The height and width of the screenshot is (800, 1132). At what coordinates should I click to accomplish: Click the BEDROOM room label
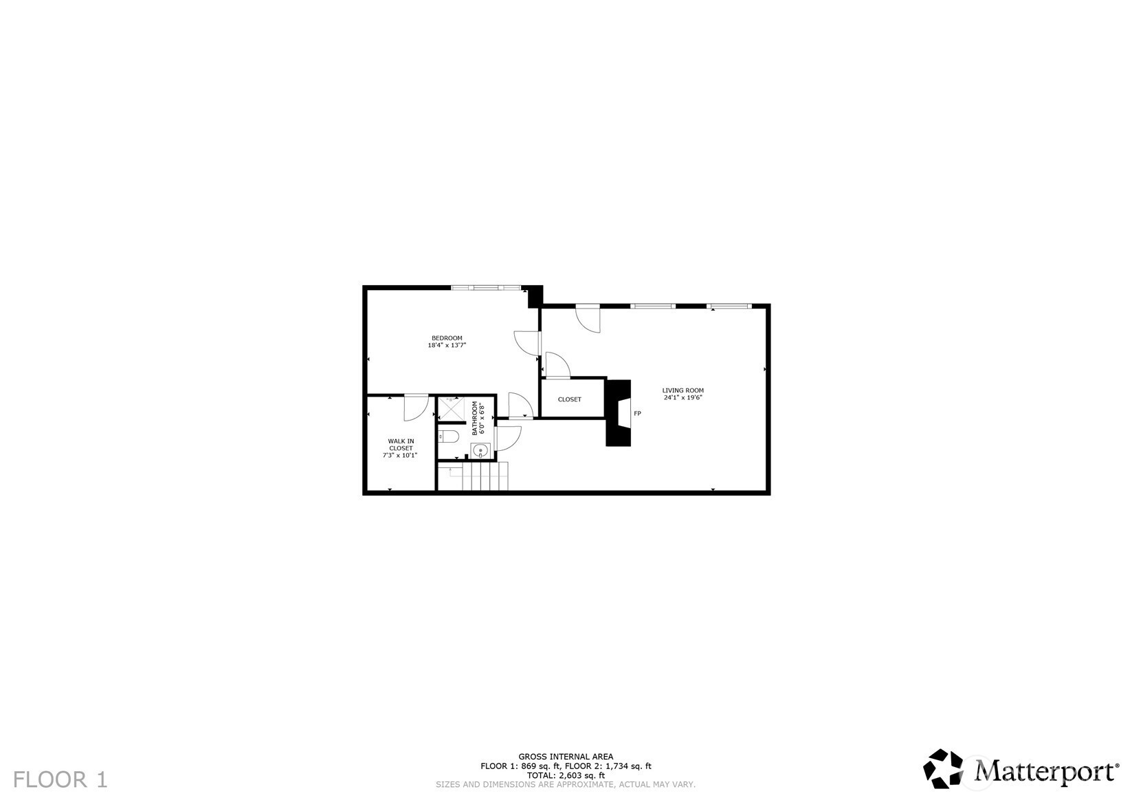447,338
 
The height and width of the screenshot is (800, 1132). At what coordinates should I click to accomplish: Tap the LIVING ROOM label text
682,390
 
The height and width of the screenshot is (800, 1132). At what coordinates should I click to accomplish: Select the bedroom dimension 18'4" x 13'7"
447,345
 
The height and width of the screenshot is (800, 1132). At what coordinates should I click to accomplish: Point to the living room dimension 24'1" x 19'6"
682,397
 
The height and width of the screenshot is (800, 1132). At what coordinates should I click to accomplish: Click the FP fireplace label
637,413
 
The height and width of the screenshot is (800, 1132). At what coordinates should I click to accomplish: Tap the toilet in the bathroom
447,436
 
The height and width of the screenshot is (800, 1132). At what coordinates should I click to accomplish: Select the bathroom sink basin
480,449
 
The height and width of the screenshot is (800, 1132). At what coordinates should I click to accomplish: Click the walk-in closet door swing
417,408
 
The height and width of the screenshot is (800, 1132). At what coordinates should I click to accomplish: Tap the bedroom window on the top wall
486,287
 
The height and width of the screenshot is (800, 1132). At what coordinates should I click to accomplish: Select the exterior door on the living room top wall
588,318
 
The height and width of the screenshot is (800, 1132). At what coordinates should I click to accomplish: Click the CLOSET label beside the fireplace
570,399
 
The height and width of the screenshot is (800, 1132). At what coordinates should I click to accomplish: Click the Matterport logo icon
943,768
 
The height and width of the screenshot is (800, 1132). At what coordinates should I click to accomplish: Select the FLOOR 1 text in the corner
60,780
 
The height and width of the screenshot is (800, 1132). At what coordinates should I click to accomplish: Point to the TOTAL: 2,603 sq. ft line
566,775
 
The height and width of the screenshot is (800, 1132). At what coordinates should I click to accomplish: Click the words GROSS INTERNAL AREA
566,757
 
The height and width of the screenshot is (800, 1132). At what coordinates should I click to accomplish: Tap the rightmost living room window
729,306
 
